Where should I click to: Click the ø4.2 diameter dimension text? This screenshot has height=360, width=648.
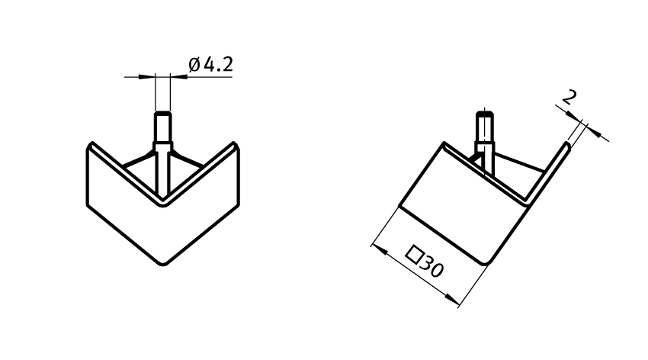click(210, 65)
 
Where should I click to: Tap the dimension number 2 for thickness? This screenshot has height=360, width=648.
click(569, 98)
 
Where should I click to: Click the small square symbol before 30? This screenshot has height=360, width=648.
click(415, 254)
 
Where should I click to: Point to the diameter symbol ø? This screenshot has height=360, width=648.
click(194, 65)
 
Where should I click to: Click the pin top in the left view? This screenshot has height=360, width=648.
click(162, 113)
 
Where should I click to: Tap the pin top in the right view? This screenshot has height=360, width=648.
click(485, 113)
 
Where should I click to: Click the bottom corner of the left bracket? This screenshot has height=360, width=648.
click(163, 264)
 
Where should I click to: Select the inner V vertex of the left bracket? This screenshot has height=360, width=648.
click(163, 204)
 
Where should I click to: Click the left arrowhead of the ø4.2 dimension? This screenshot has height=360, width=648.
click(147, 76)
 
